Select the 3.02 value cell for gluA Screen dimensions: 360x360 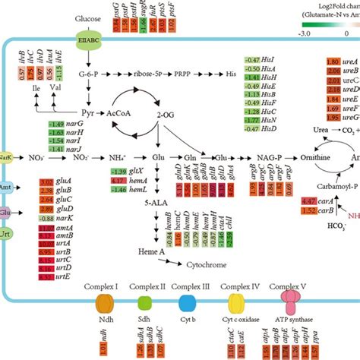tap(45, 182)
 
